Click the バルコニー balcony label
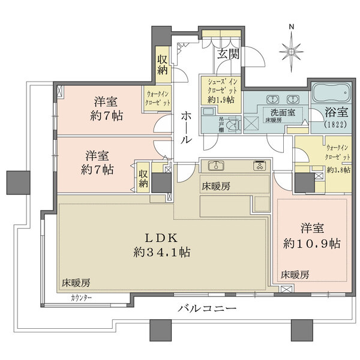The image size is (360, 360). (x=207, y=309)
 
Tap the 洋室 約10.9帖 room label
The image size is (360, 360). (x=312, y=236)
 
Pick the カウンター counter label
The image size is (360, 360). (x=81, y=298)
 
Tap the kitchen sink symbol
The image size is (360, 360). (x=215, y=166)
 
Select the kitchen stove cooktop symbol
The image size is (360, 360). (x=259, y=166)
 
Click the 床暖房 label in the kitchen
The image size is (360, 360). (x=215, y=187)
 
